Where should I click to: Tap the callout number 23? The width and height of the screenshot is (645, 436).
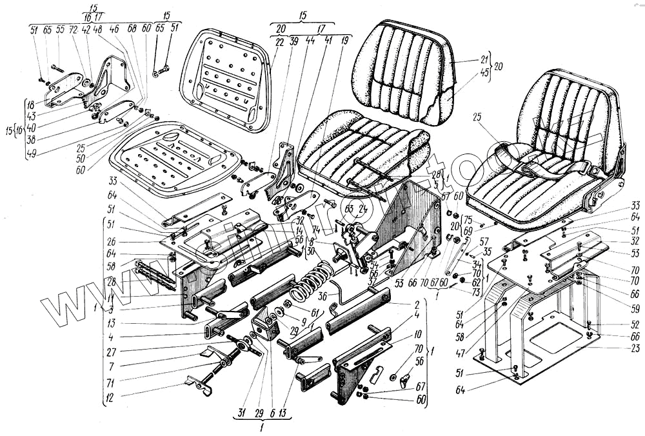tap(635, 349)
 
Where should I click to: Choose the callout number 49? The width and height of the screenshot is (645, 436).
tap(31, 154)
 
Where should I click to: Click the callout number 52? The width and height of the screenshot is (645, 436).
tap(635, 324)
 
